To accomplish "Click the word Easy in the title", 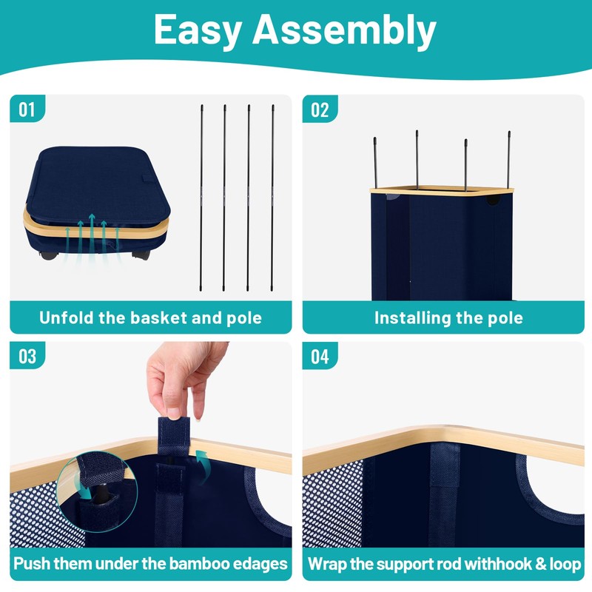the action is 198,31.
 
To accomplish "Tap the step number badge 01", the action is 27,109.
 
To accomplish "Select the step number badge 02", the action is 320,110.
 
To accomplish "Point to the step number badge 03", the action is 27,356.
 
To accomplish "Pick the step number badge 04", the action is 320,356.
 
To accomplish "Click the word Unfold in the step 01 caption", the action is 66,317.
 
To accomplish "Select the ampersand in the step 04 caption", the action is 541,564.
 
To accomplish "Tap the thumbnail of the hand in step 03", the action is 185,380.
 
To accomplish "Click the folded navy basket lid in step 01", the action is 98,184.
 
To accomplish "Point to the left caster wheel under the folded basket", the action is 49,255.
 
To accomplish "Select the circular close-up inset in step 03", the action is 97,491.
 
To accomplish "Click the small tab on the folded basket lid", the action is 148,178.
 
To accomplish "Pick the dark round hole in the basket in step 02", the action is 492,199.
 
